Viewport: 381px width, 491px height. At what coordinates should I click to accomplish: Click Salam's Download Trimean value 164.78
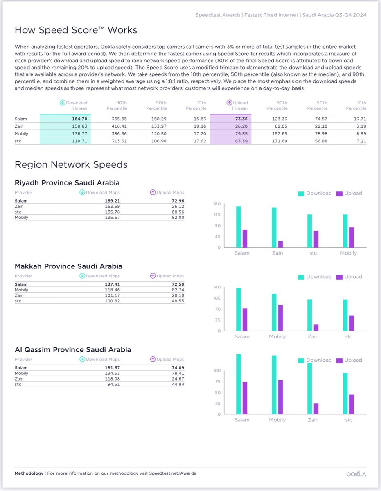coord(79,119)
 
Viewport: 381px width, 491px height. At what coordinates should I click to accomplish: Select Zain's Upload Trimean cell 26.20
coord(241,126)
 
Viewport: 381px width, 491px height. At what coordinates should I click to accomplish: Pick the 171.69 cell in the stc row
coord(280,141)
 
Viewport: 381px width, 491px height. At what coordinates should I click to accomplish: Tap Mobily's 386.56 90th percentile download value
coord(119,134)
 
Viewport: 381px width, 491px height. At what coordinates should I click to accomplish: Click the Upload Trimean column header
coord(237,105)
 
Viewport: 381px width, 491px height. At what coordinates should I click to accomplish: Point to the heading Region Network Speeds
coord(71,164)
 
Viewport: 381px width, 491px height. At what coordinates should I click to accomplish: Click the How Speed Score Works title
coord(76,30)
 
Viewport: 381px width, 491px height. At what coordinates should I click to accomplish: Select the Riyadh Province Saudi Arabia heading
coord(67,183)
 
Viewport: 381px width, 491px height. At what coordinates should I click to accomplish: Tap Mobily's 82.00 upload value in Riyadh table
coord(178,217)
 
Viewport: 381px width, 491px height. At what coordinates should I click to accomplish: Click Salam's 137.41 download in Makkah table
coord(112,284)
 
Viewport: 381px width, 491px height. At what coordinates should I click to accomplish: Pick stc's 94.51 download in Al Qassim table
coord(114,384)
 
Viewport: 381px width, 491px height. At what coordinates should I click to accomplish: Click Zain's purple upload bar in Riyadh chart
coord(280,244)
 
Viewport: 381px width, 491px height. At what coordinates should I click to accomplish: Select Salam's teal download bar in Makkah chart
coord(239,309)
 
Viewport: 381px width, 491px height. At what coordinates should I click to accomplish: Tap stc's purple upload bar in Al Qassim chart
coord(352,404)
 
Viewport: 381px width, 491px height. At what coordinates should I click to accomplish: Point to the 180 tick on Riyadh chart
coord(217,204)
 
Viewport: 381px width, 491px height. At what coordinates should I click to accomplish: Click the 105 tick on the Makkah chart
coord(217,298)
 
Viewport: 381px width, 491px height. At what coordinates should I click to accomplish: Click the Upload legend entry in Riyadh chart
coord(349,194)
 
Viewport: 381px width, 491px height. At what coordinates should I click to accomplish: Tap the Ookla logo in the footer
coord(356,474)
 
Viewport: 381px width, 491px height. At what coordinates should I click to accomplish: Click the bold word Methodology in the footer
coord(29,473)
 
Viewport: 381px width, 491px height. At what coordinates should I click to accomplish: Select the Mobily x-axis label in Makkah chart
coord(277,336)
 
